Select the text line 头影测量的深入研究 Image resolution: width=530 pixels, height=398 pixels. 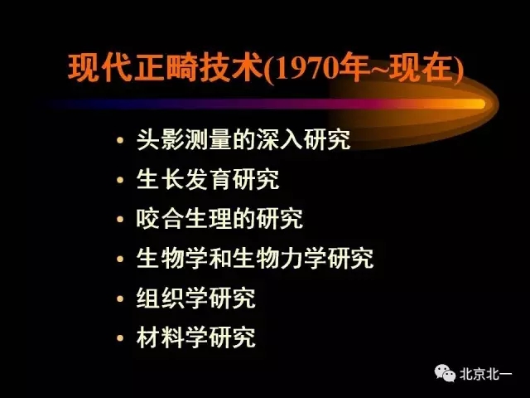243,139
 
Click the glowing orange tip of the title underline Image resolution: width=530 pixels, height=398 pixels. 475,104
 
